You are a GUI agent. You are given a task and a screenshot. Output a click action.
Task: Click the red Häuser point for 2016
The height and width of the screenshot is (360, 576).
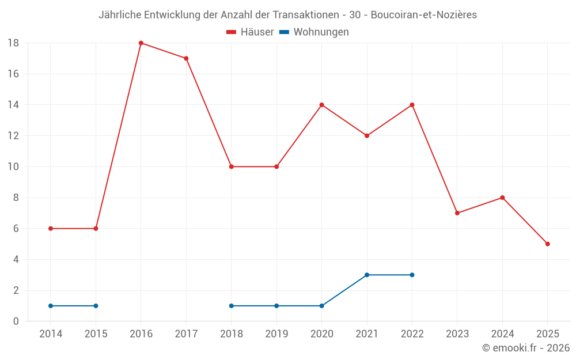(141, 43)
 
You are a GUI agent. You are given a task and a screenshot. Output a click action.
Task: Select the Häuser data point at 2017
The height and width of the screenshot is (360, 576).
(186, 58)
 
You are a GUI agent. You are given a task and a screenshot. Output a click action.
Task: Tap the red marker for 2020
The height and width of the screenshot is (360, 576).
(321, 105)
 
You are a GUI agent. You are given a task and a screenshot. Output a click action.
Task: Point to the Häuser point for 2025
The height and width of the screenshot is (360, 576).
(547, 244)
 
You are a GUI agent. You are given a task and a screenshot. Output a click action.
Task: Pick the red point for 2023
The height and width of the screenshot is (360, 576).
(457, 213)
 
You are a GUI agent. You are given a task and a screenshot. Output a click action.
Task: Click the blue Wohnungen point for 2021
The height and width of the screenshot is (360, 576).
(367, 275)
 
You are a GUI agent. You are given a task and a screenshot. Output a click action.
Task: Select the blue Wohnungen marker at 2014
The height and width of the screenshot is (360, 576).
(51, 306)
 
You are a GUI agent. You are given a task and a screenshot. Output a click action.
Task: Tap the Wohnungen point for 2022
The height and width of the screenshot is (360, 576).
(412, 275)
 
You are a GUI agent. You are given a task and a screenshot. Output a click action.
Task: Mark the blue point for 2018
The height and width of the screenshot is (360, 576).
(232, 306)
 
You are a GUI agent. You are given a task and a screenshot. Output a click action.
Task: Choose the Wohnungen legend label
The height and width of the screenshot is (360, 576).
(321, 32)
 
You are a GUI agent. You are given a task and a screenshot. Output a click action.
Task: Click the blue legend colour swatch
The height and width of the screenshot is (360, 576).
(284, 32)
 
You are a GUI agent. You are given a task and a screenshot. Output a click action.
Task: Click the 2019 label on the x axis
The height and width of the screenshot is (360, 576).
(276, 334)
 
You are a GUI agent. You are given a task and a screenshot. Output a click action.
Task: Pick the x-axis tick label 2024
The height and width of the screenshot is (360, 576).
(502, 334)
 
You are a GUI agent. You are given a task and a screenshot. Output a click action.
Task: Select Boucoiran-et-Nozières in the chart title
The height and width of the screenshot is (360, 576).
(423, 15)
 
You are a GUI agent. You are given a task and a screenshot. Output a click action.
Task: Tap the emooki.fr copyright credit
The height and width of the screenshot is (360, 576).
(526, 348)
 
